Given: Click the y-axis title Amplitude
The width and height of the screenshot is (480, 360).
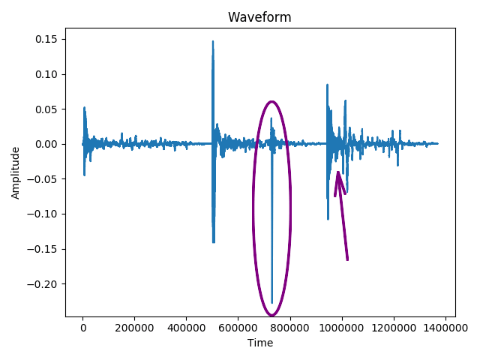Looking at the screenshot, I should click(16, 172).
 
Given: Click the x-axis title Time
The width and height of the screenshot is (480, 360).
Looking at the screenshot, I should click(259, 343).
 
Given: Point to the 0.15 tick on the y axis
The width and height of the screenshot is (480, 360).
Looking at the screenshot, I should click(43, 39).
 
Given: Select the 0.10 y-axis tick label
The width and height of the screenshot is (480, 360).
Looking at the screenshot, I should click(43, 74).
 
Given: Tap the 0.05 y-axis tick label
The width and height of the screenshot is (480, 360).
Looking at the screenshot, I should click(43, 109).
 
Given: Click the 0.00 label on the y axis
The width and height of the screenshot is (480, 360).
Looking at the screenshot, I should click(43, 144).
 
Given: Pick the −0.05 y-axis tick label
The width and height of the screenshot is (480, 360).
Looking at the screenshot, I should click(40, 179).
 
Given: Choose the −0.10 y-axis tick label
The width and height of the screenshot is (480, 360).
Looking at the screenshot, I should click(40, 214).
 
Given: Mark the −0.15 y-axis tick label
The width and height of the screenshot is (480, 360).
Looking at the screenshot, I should click(40, 249).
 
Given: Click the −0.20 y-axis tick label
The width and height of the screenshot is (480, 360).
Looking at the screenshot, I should click(40, 283).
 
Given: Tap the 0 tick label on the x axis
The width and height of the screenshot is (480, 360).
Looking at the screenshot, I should click(82, 328).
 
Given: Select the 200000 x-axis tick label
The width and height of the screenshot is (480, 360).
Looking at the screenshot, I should click(134, 328).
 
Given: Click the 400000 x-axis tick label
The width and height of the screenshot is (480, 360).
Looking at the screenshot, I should click(186, 328).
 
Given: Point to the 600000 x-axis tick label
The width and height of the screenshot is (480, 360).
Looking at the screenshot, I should click(238, 328).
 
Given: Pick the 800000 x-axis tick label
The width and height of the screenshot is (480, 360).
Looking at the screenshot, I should click(290, 328).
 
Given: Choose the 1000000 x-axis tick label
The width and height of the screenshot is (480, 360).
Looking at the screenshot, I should click(342, 328).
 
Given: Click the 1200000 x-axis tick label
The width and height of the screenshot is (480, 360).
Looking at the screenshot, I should click(394, 328).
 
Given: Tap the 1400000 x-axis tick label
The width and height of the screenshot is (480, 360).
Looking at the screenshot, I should click(445, 328).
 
